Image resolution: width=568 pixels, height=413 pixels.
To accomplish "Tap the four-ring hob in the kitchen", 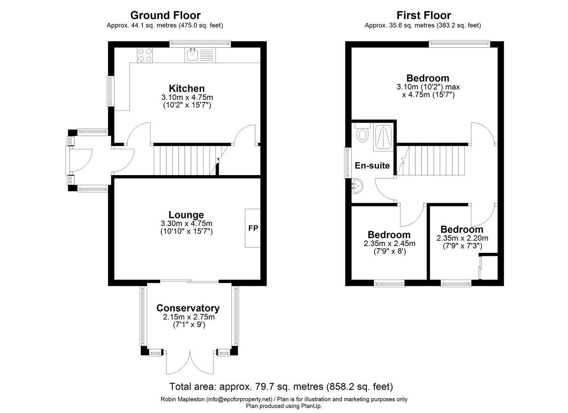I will click(x=145, y=55).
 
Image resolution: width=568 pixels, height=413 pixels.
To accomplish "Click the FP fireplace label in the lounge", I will click(x=253, y=228).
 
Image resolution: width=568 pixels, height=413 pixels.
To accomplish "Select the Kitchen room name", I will click(x=187, y=88).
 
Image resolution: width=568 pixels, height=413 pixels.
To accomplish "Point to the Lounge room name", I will click(x=186, y=215).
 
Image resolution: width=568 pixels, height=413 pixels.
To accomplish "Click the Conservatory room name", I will click(x=188, y=308).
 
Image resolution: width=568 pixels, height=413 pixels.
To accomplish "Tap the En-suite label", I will click(x=372, y=166).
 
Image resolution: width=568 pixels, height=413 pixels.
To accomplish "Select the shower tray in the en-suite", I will click(x=382, y=137).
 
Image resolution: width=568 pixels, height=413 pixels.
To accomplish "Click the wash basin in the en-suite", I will click(x=357, y=186).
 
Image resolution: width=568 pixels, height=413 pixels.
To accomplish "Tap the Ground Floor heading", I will click(x=165, y=15).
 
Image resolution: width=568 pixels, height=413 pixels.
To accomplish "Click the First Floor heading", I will click(x=423, y=15).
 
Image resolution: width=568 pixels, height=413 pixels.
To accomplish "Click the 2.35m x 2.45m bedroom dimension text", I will click(x=389, y=244).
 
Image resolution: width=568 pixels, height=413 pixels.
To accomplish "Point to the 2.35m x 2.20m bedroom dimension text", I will click(x=462, y=238).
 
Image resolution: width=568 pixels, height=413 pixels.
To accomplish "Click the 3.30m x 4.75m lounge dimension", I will click(x=186, y=224).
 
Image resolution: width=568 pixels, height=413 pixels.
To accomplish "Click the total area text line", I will click(x=281, y=386).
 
